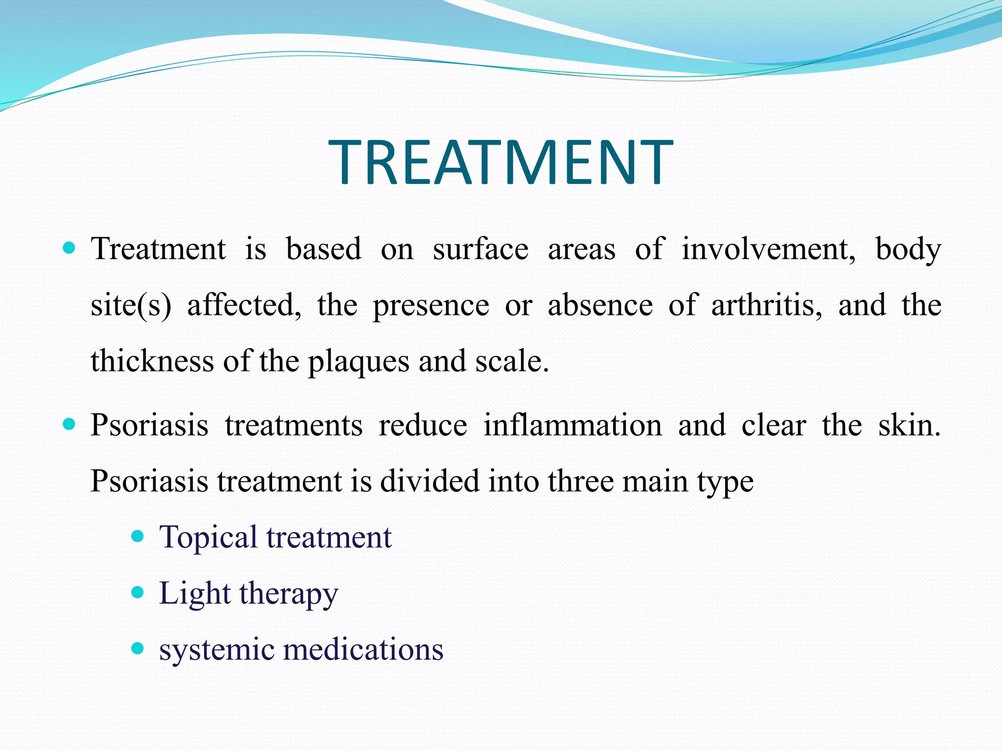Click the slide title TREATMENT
coord(501,162)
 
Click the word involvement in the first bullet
coord(769,249)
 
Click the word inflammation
coord(572,425)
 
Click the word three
coord(580,481)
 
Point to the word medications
coord(363,650)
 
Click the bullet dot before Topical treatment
coord(138,536)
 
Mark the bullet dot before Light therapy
coord(138,593)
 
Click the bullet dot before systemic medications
coord(138,649)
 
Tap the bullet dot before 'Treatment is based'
coord(69,248)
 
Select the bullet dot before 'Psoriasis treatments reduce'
coord(69,424)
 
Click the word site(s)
coord(131,306)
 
